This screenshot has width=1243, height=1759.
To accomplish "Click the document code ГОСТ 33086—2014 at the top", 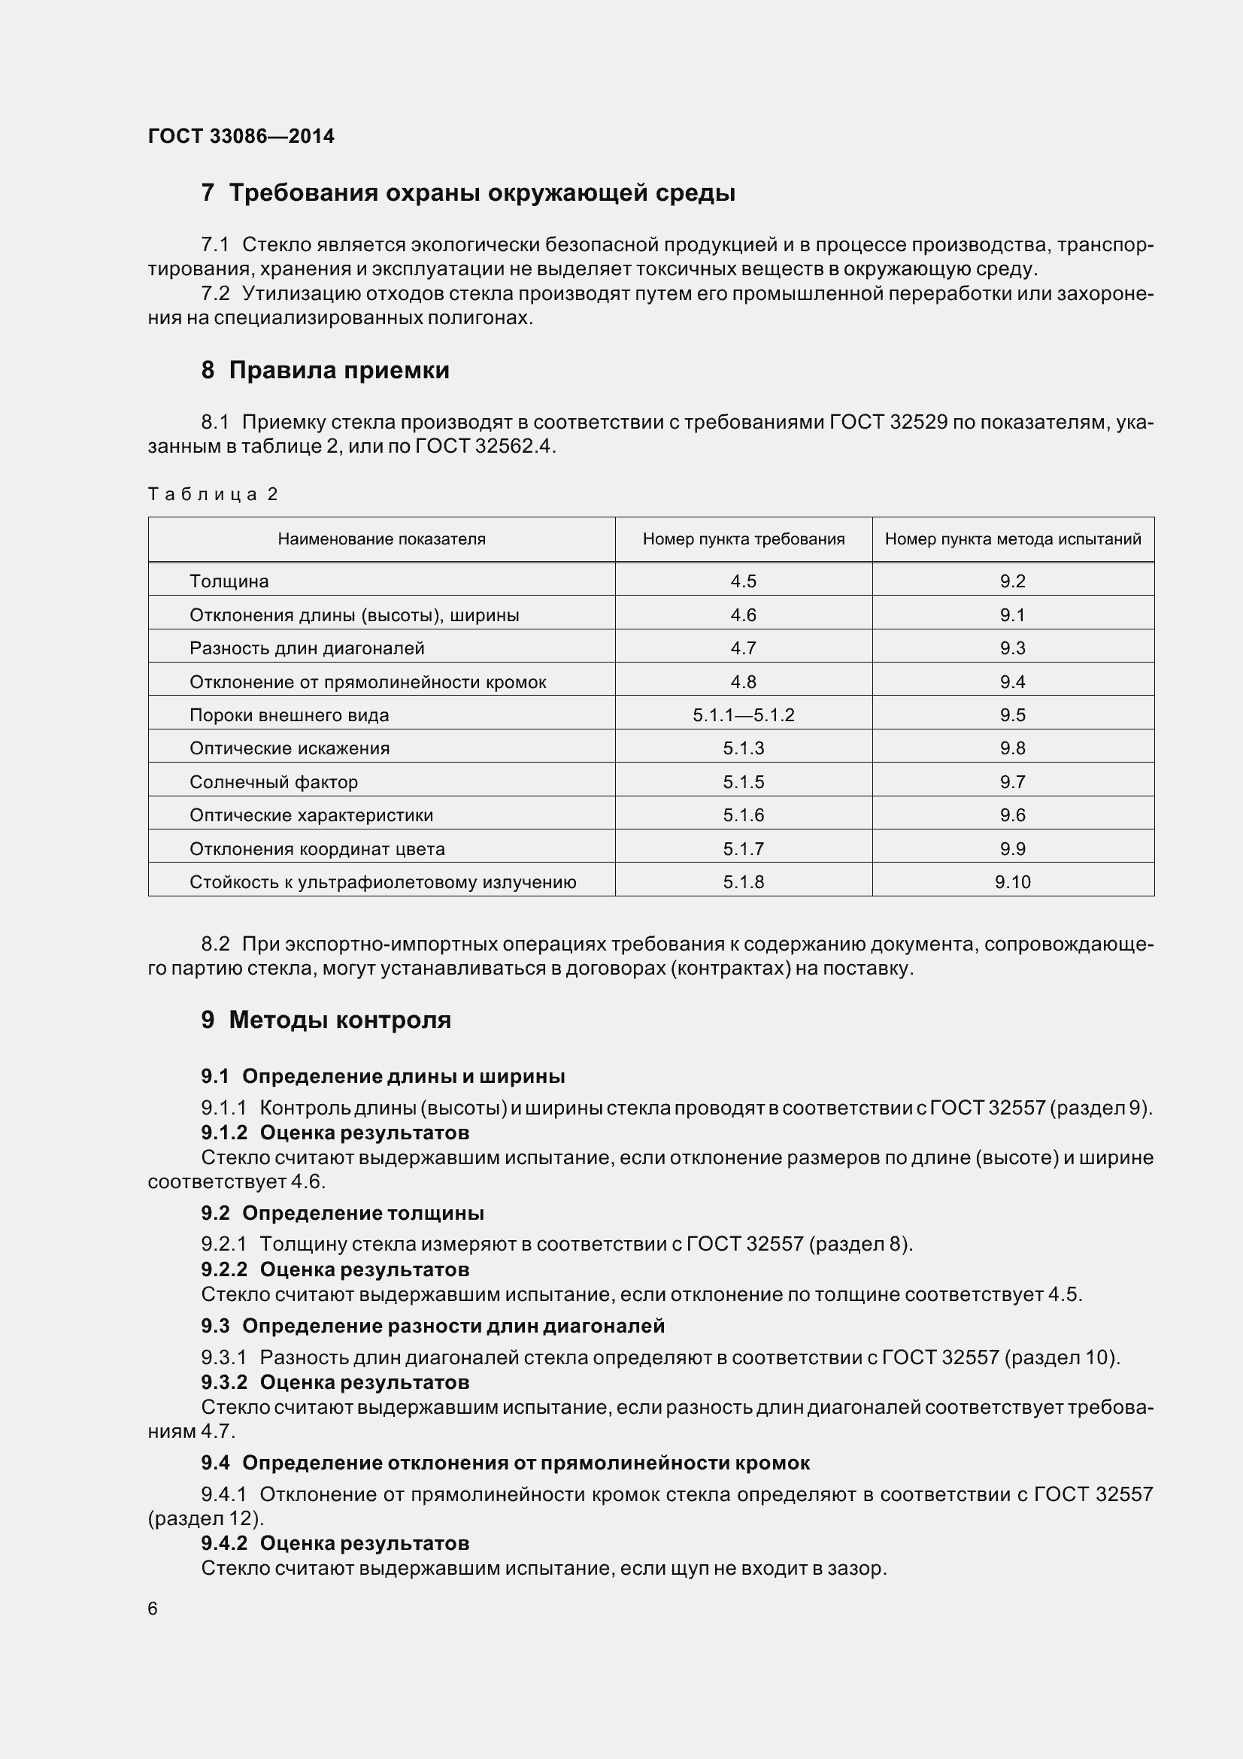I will pyautogui.click(x=241, y=136).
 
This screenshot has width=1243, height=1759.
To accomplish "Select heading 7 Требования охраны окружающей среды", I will pyautogui.click(x=468, y=193).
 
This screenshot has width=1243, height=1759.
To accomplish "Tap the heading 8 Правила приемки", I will pyautogui.click(x=326, y=370).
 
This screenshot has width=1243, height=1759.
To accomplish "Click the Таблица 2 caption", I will pyautogui.click(x=212, y=494).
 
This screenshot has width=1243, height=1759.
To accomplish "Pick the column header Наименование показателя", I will pyautogui.click(x=381, y=539).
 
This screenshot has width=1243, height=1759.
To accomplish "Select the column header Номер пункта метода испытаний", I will pyautogui.click(x=1012, y=539).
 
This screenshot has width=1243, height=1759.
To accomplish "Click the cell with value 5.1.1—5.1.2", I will pyautogui.click(x=743, y=715).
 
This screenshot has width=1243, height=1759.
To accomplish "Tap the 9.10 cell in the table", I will pyautogui.click(x=1012, y=883).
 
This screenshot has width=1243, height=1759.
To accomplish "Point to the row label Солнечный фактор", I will pyautogui.click(x=274, y=782).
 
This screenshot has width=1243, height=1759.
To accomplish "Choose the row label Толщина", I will pyautogui.click(x=229, y=581).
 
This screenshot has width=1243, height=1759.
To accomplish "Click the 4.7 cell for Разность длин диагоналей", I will pyautogui.click(x=743, y=648).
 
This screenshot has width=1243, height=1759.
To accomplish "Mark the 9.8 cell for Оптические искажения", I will pyautogui.click(x=1012, y=748).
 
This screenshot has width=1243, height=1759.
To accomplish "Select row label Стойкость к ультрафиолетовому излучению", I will pyautogui.click(x=383, y=883).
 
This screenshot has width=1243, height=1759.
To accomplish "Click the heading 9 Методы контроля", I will pyautogui.click(x=326, y=1020).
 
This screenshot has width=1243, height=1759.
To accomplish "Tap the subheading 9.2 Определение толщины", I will pyautogui.click(x=342, y=1213).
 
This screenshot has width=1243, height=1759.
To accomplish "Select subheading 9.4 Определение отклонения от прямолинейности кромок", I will pyautogui.click(x=505, y=1463).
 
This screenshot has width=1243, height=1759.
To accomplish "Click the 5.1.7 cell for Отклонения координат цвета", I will pyautogui.click(x=743, y=849).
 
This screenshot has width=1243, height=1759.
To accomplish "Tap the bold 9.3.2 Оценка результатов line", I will pyautogui.click(x=335, y=1382).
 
